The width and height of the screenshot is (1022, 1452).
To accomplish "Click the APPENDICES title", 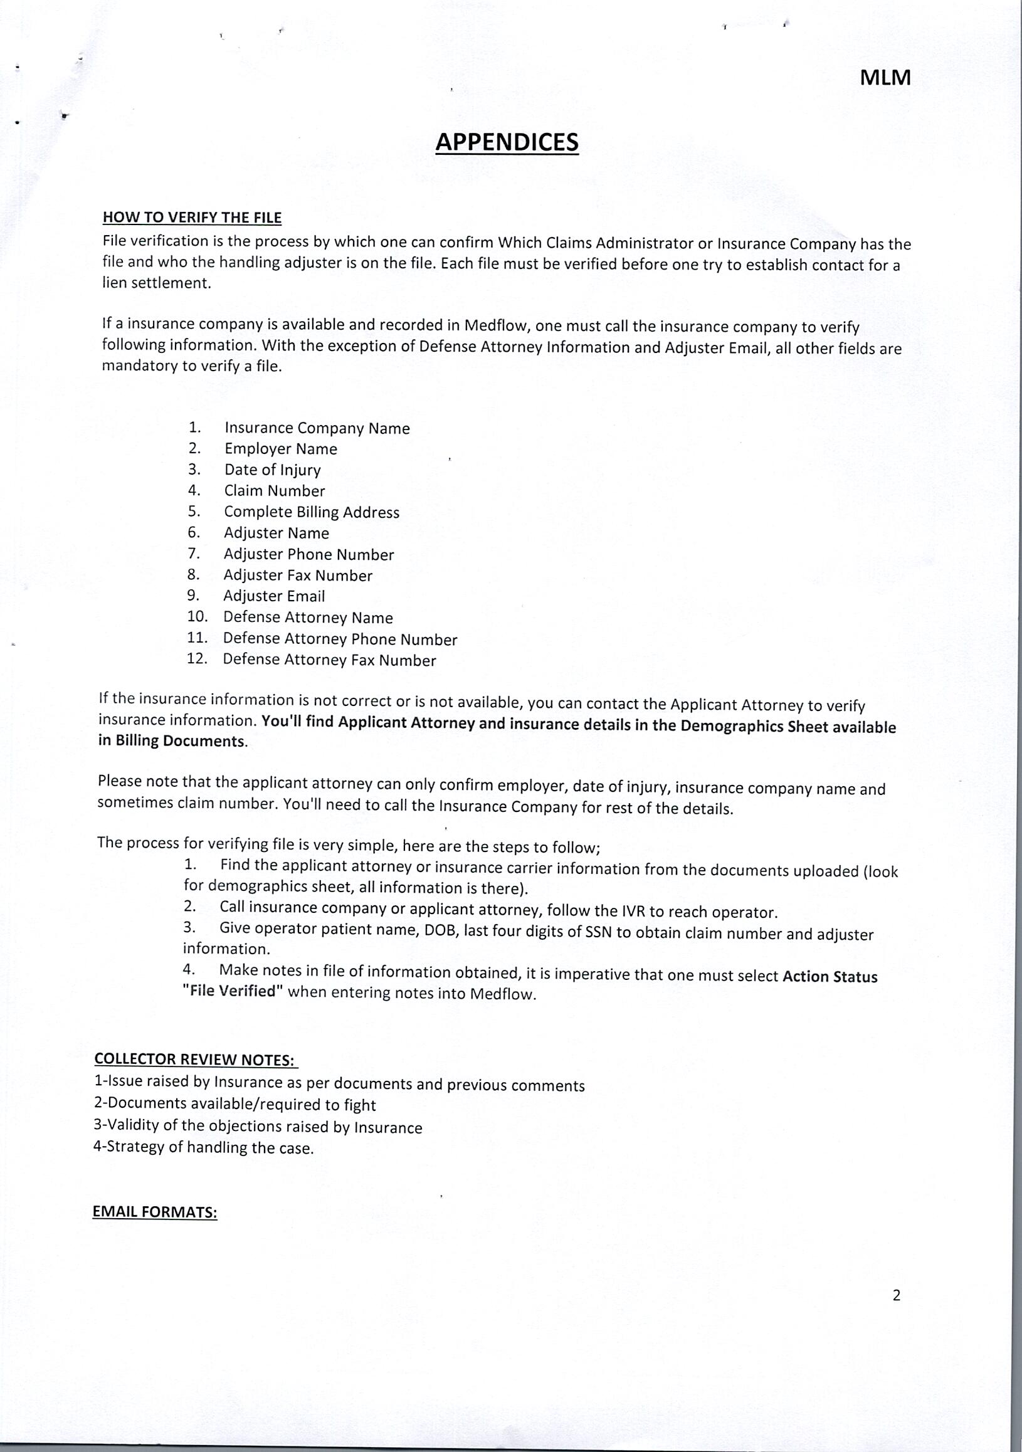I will tap(507, 142).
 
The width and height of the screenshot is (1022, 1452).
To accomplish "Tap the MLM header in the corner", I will tap(885, 78).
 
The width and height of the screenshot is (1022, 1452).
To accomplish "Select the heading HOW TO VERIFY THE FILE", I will tap(192, 218).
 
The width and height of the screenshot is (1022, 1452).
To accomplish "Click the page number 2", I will tap(896, 1295).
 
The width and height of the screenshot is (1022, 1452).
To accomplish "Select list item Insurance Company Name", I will tap(317, 428).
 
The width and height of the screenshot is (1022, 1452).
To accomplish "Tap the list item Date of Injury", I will tap(273, 470).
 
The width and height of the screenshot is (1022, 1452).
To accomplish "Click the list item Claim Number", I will tap(275, 491).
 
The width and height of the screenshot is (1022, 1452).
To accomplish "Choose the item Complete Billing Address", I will tap(312, 512).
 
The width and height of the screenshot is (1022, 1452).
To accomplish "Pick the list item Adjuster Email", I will tap(274, 596).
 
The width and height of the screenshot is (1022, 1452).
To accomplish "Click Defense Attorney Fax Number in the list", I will tap(330, 660).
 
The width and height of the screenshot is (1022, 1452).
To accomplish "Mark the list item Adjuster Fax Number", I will tap(298, 576).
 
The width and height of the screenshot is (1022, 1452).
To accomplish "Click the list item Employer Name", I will tap(281, 449).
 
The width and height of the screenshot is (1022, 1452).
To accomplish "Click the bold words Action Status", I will tap(830, 976).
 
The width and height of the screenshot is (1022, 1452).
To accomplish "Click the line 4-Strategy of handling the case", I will tap(204, 1149).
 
